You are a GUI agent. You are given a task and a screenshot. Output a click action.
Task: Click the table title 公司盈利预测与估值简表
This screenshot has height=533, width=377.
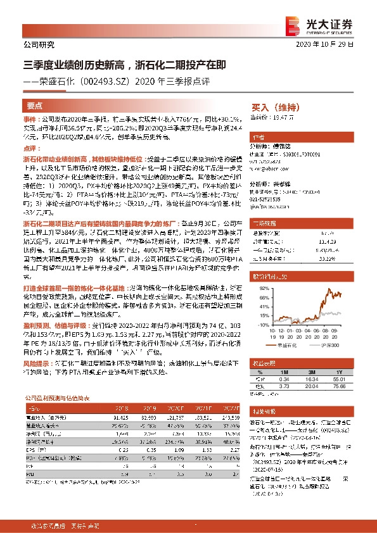[x=57, y=399]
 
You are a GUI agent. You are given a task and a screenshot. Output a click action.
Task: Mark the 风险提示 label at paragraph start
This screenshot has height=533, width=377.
[x=37, y=365]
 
